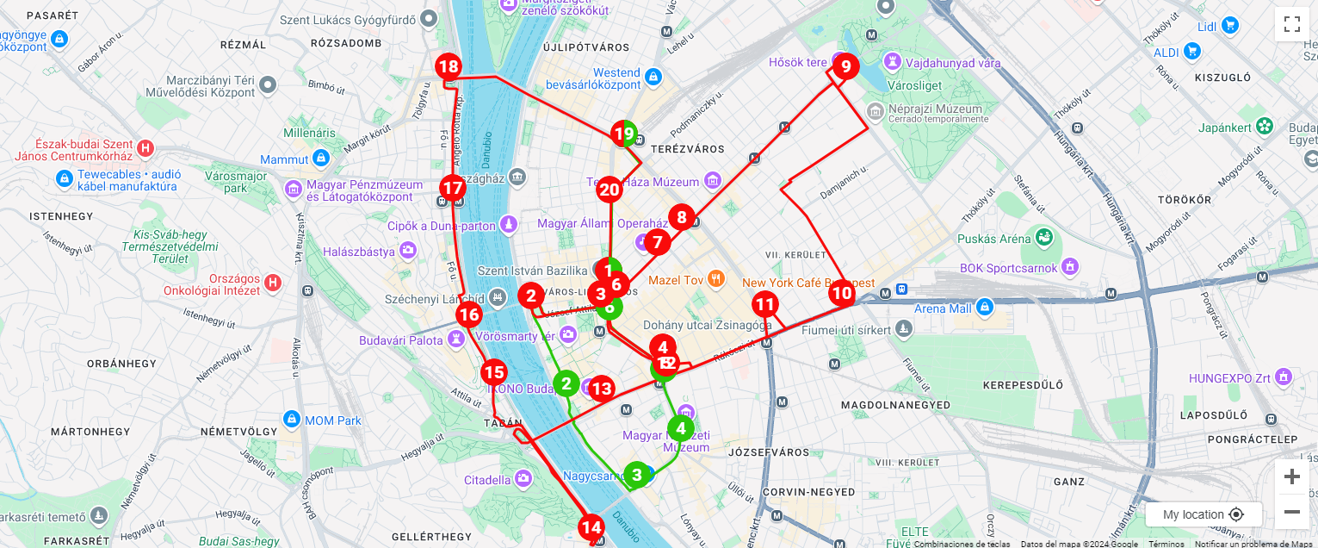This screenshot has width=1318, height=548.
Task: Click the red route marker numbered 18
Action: point(448,66)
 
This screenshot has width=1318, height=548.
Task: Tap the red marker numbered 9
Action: point(845,66)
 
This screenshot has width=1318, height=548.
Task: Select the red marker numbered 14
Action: point(591,527)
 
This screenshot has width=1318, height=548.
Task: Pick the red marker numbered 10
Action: point(842,294)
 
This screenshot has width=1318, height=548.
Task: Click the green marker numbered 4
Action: point(681,428)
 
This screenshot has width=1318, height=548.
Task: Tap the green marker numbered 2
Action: point(566,383)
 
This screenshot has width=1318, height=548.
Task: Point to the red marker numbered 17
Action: point(452,188)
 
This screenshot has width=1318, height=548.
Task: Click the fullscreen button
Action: point(1291,24)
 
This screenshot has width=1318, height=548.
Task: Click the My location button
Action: point(1203,514)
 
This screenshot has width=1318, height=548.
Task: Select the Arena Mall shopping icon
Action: point(986,307)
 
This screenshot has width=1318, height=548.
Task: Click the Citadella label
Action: point(487,480)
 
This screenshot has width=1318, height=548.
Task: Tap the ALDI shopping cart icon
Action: point(1191,51)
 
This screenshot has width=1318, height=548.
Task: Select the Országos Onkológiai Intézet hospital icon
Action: point(273,282)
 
